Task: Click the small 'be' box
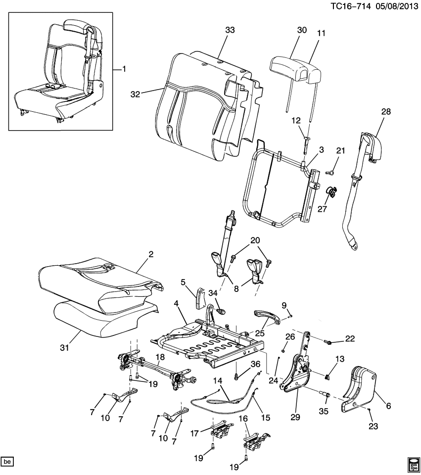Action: pyautogui.click(x=7, y=462)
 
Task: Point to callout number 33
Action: pyautogui.click(x=230, y=30)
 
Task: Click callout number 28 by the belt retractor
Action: pyautogui.click(x=386, y=112)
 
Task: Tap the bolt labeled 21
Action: pyautogui.click(x=329, y=172)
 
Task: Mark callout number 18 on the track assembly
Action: pyautogui.click(x=159, y=357)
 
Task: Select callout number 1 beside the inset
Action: pyautogui.click(x=124, y=69)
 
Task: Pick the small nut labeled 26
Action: pyautogui.click(x=281, y=350)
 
